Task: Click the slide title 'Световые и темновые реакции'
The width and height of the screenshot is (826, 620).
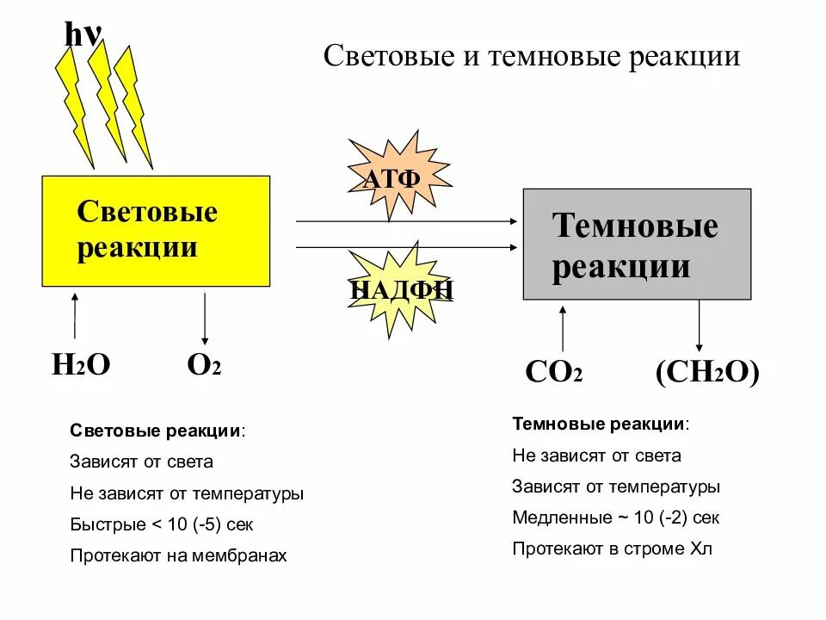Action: [531, 57]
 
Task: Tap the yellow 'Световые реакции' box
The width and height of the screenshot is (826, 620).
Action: [156, 231]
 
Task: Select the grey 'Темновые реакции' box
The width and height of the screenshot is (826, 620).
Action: [637, 244]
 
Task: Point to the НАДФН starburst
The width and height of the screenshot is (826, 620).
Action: [402, 288]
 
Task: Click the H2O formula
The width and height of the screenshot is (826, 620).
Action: [81, 365]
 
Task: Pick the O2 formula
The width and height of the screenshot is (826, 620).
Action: [204, 365]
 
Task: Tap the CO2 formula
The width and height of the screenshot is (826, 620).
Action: [554, 373]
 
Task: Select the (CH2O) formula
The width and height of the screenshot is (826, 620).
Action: [707, 373]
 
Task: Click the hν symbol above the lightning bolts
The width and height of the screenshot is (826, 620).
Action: [83, 34]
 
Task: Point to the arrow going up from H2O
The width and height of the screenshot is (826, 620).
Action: [75, 316]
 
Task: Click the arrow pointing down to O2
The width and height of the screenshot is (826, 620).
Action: [205, 319]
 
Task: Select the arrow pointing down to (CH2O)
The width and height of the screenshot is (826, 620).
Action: [699, 325]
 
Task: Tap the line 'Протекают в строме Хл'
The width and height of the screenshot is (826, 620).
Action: [613, 549]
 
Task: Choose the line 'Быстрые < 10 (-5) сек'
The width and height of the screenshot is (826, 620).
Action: [162, 524]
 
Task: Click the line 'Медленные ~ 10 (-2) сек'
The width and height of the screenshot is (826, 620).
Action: [616, 518]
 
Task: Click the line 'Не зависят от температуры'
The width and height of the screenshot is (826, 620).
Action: [187, 493]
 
